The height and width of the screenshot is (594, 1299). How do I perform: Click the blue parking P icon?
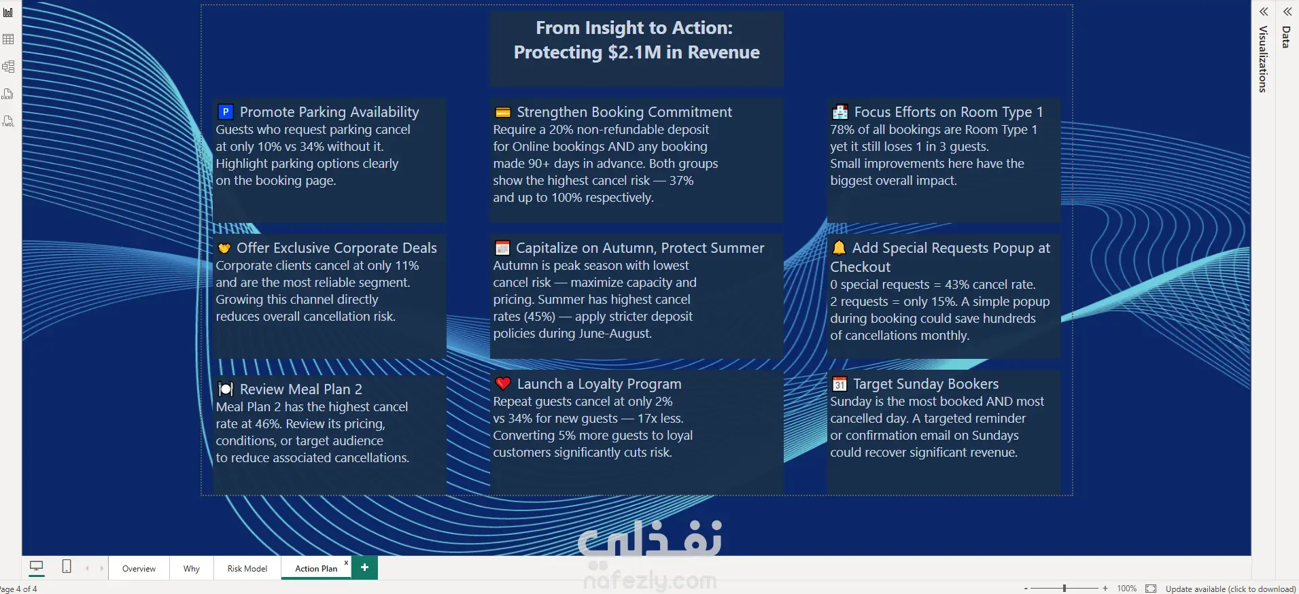225,112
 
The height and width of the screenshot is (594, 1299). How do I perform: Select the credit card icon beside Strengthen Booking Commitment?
503,112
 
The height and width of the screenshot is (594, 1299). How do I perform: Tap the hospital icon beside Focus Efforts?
840,112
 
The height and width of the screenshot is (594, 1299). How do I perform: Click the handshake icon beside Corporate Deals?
224,248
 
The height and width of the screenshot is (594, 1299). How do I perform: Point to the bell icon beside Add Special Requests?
839,247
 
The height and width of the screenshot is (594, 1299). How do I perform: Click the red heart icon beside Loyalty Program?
503,383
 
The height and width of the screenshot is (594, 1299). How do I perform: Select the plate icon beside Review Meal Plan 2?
225,389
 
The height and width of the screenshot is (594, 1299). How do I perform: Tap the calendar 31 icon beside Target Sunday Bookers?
839,384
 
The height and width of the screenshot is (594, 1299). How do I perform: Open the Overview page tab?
139,569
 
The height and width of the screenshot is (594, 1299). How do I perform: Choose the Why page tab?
192,569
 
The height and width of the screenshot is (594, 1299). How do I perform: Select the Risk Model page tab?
247,569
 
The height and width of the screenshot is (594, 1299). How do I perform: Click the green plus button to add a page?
365,567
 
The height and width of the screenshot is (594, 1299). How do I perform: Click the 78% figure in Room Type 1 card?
842,130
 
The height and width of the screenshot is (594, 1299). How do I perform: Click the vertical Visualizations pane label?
1263,59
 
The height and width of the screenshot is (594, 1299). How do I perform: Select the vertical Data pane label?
1286,37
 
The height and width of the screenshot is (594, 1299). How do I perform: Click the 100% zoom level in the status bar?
1126,589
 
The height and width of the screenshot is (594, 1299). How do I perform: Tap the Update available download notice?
1230,589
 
